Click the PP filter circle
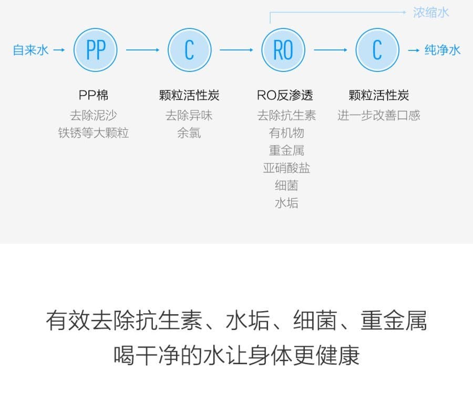[96, 50]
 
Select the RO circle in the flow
[283, 50]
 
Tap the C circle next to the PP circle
[189, 50]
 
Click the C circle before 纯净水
[377, 50]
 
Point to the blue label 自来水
[30, 50]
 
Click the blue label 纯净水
[443, 50]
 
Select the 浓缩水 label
[431, 13]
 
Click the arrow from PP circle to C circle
[142, 50]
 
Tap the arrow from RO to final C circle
[331, 50]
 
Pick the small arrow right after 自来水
[59, 50]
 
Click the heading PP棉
[94, 95]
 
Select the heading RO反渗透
[285, 95]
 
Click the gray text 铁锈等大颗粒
[94, 133]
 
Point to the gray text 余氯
[189, 133]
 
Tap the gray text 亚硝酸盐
[286, 168]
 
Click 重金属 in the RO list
[286, 150]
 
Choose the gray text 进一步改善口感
[379, 115]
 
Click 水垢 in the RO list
[286, 203]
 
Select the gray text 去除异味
[189, 115]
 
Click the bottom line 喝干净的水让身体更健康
[236, 355]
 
